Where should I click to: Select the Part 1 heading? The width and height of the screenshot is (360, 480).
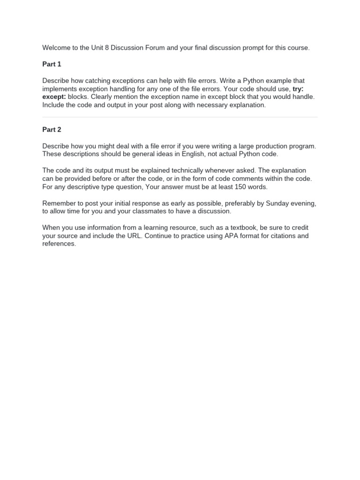(52, 64)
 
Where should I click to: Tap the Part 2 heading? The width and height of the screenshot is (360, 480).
(52, 130)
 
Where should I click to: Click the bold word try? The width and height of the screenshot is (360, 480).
(298, 89)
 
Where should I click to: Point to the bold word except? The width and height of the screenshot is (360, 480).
(54, 97)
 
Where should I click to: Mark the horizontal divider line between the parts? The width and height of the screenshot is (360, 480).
(180, 117)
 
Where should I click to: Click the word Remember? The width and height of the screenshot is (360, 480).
(59, 203)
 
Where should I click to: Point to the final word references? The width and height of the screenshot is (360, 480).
(59, 244)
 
